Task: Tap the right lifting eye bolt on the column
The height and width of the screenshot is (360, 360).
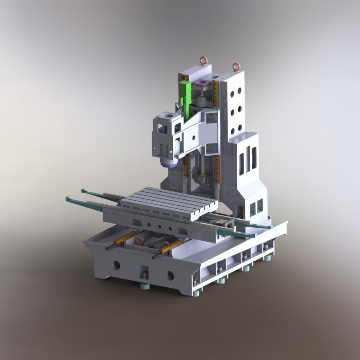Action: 236,67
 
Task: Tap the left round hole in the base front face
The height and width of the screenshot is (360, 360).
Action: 117,265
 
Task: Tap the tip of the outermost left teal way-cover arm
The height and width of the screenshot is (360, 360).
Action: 67,198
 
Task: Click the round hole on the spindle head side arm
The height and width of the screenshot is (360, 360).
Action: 194,135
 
